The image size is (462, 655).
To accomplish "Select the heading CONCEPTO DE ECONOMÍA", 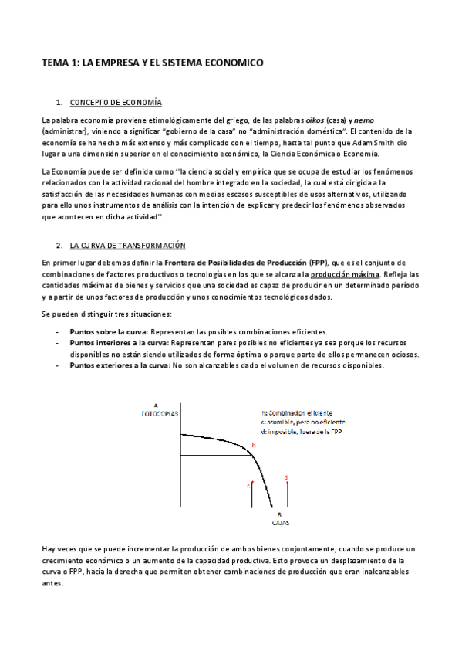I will pyautogui.click(x=115, y=103).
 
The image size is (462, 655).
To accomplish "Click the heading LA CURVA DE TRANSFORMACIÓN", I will pyautogui.click(x=128, y=246).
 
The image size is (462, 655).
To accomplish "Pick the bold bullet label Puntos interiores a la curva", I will pyautogui.click(x=118, y=343).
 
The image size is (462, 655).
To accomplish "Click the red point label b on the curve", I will pyautogui.click(x=253, y=446).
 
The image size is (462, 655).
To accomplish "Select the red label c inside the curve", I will pyautogui.click(x=248, y=486).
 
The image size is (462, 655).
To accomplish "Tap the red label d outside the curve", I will pyautogui.click(x=286, y=478).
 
